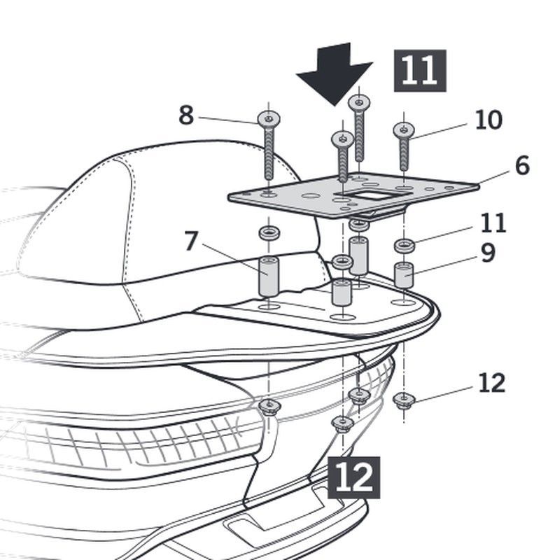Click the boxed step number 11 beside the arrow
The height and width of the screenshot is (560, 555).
(420, 71)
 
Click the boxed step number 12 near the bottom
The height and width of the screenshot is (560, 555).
(353, 477)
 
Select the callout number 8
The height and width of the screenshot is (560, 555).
(185, 115)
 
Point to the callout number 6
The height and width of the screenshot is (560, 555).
(521, 166)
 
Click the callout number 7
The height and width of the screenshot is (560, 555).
(192, 241)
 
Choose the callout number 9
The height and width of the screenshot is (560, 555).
(488, 253)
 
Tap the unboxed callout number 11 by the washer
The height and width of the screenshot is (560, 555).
(493, 223)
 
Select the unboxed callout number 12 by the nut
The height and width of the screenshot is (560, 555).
(492, 383)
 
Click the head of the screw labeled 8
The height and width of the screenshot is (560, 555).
(269, 119)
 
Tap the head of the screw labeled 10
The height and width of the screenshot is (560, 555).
(404, 129)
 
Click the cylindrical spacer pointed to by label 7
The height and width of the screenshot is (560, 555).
(269, 276)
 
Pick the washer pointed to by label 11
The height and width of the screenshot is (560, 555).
(404, 246)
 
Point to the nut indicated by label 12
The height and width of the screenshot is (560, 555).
(405, 400)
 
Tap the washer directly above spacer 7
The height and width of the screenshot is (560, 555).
(268, 232)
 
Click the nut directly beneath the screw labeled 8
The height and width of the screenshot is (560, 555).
(268, 405)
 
